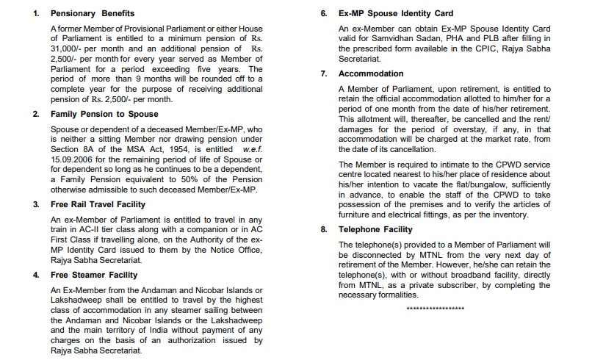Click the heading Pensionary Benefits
92,13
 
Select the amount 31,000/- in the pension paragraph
67,49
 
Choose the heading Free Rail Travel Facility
98,204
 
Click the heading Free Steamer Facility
94,275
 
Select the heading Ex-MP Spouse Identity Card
396,13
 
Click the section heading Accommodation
371,73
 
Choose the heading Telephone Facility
375,229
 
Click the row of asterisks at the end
436,309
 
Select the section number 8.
324,229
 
